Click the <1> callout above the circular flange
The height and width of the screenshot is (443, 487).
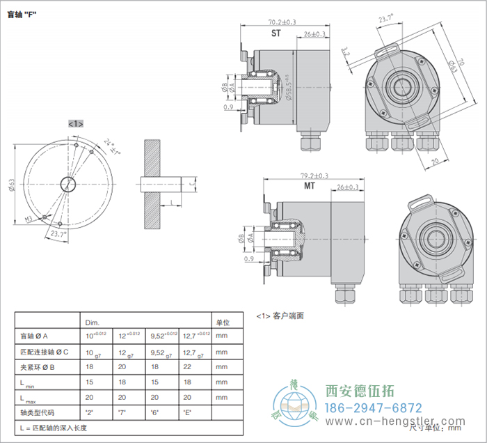[75, 123]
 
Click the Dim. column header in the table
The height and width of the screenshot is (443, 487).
[92, 323]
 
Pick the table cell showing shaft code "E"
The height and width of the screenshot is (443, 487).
[187, 413]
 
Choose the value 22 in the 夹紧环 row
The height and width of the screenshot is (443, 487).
[185, 368]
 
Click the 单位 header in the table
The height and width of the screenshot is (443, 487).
[223, 323]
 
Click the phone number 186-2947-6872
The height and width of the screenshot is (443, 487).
[374, 408]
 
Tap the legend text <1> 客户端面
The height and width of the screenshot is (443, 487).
[280, 316]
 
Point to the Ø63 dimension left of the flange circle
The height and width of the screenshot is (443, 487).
[12, 184]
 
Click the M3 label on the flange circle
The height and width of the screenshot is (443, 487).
[30, 219]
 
